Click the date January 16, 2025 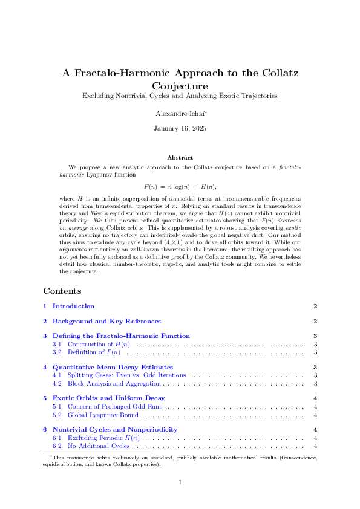[x=180, y=128]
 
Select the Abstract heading [x=180, y=157]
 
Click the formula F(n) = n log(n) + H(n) [x=180, y=187]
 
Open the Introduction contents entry [x=73, y=306]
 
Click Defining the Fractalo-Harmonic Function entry [x=121, y=336]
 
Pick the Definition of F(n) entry [x=94, y=352]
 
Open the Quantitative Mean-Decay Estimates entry [x=113, y=367]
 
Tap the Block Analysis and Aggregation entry [x=114, y=383]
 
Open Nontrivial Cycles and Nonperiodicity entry [x=115, y=430]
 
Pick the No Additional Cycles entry [x=99, y=446]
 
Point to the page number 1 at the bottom [x=180, y=482]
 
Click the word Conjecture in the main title [x=180, y=86]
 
